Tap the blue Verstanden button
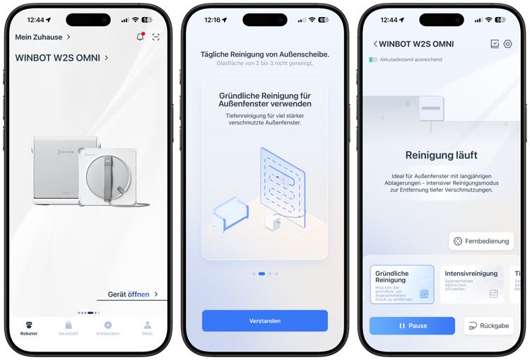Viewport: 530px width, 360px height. coord(265,320)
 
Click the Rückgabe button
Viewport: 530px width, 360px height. coord(488,325)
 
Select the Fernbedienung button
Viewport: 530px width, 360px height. coord(481,241)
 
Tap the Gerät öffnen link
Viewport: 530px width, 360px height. coord(133,294)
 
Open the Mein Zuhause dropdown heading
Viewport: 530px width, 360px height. coord(42,37)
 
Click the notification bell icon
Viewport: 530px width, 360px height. coord(140,37)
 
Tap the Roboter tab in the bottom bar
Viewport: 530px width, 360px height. coord(29,327)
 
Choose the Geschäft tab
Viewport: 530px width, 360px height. coord(69,327)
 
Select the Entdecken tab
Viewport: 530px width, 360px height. coord(108,327)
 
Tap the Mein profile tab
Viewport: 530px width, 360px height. coord(148,327)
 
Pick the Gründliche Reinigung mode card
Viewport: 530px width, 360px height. coord(402,284)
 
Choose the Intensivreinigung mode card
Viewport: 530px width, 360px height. coord(471,284)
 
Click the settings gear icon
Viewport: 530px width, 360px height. coord(507,44)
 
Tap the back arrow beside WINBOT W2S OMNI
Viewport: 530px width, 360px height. coord(375,44)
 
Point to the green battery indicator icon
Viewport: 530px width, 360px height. coord(373,59)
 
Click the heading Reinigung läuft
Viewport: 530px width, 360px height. coord(442,155)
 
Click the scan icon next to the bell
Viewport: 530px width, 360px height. coord(156,37)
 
